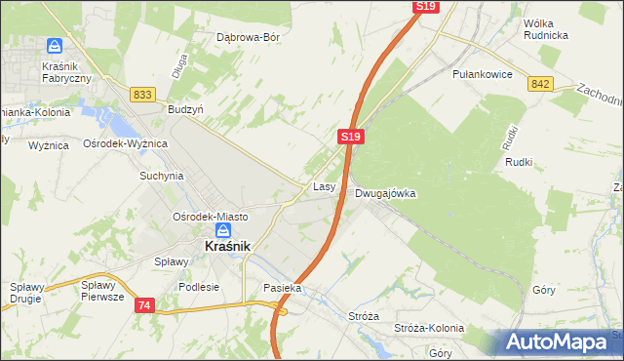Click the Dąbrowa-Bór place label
248,38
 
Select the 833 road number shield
142,94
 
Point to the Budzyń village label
185,110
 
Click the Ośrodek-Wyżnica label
126,143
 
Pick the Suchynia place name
161,177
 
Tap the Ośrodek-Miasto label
210,217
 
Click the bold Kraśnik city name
228,248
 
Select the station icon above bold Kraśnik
223,230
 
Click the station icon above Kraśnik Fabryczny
55,46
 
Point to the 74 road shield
144,305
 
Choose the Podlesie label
199,288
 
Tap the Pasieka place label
283,289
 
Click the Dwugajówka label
385,193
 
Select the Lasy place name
325,185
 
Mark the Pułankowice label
482,73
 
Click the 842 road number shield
542,85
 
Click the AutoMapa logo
559,342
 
